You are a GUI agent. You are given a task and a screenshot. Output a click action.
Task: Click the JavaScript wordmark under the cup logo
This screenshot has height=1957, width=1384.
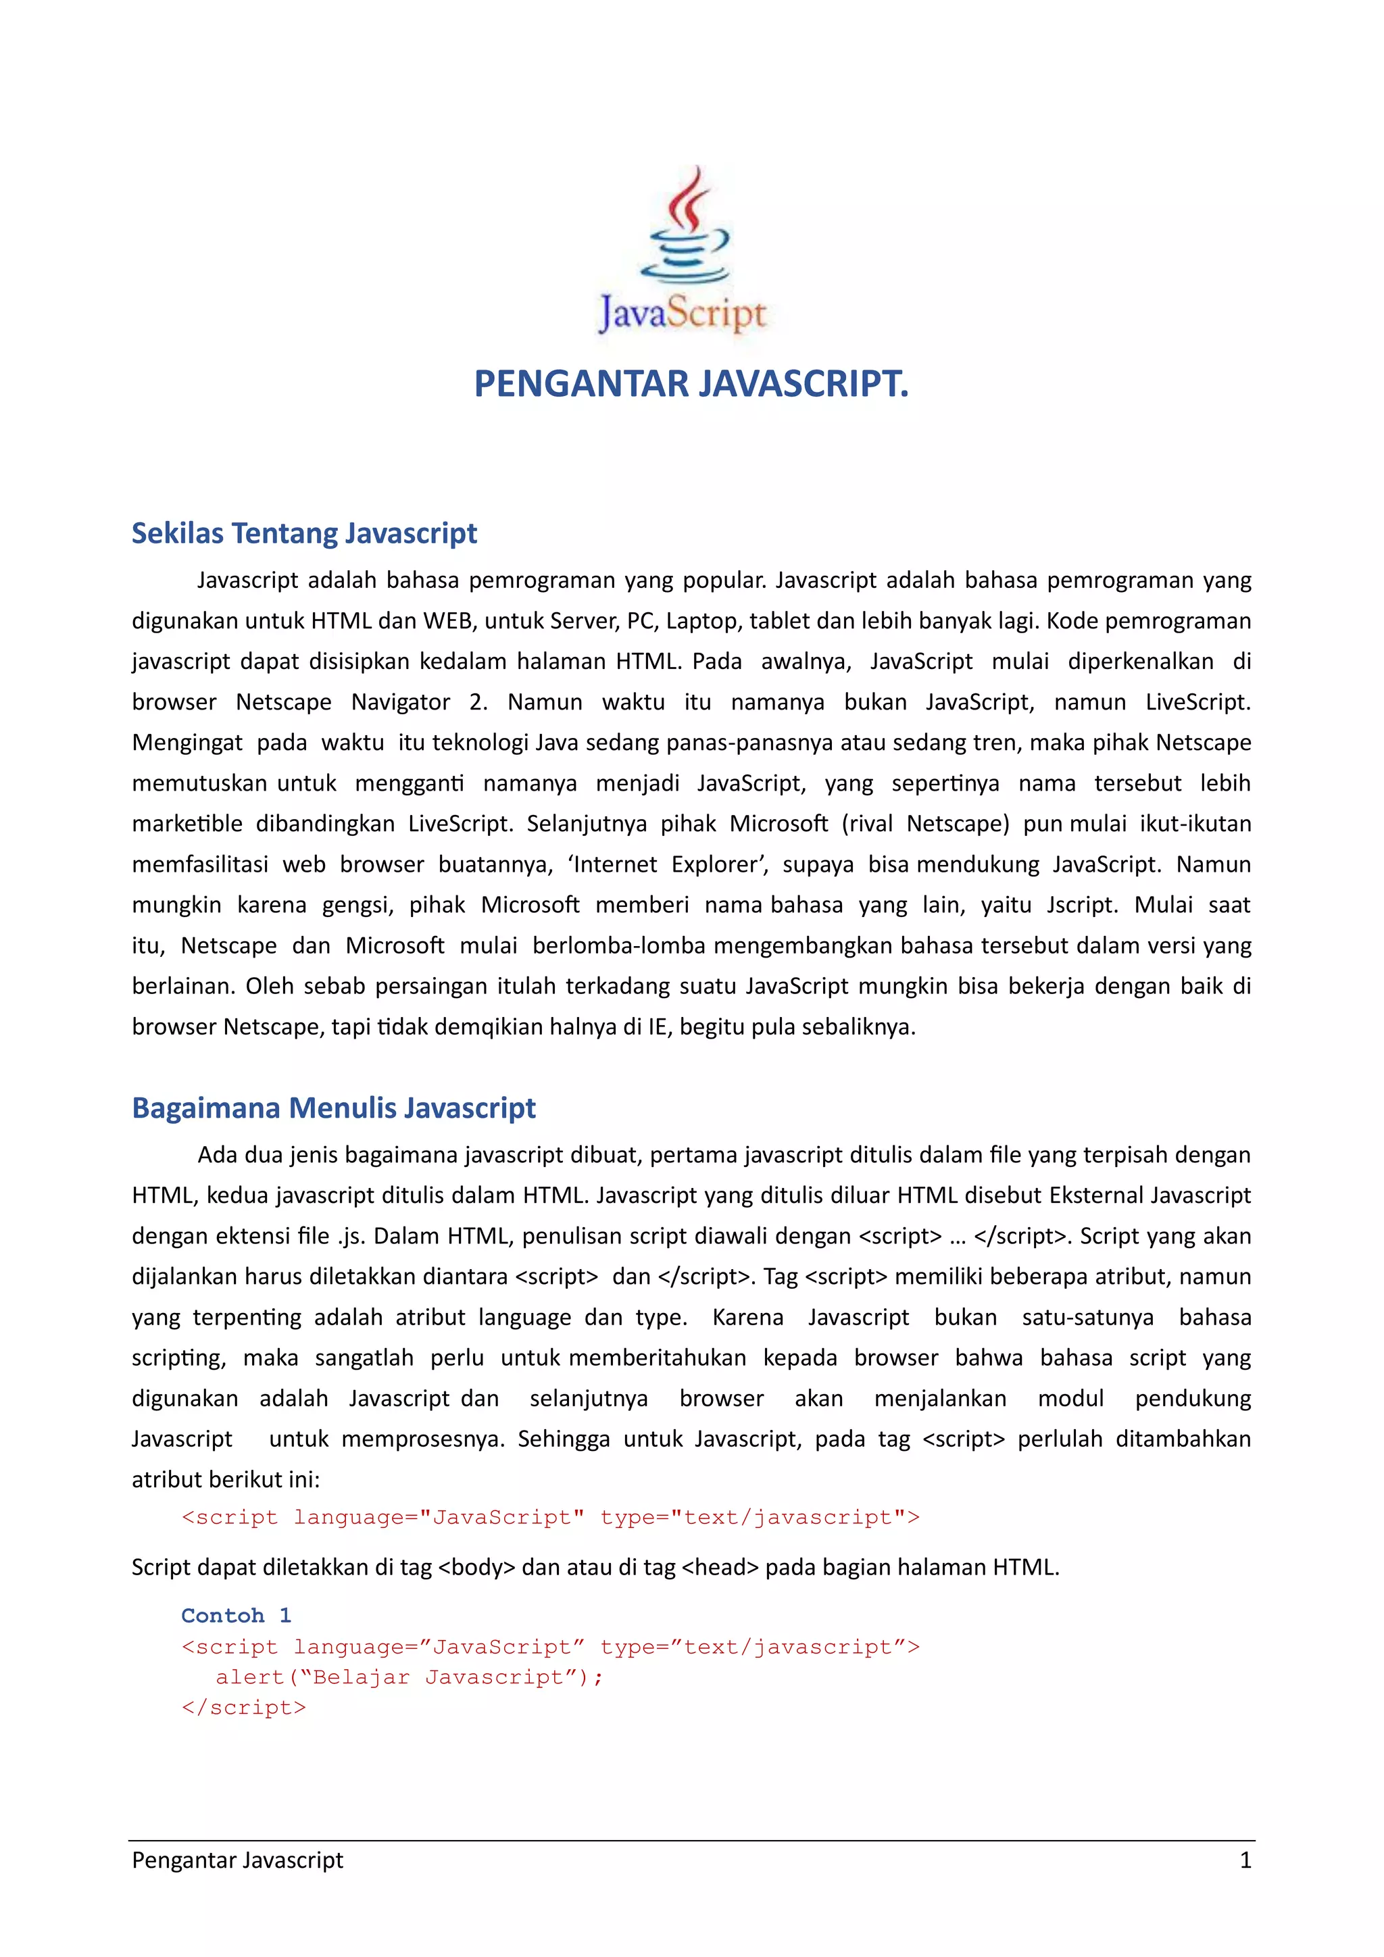click(683, 314)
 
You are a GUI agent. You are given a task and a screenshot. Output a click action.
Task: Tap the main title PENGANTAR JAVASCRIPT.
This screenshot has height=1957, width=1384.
click(691, 384)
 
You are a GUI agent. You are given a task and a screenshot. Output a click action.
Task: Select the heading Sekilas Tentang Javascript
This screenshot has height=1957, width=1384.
click(304, 534)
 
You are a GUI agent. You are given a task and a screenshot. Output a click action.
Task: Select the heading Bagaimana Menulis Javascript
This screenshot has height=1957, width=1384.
click(333, 1108)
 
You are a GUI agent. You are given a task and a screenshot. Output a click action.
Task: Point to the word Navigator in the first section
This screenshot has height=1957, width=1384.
click(401, 702)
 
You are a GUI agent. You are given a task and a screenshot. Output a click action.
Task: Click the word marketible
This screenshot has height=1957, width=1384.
click(187, 824)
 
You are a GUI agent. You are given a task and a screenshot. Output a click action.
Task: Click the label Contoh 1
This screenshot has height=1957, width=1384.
click(236, 1616)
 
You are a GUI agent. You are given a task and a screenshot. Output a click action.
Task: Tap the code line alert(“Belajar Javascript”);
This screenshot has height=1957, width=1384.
click(409, 1677)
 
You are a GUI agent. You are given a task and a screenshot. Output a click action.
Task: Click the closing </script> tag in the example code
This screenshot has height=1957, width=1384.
click(244, 1708)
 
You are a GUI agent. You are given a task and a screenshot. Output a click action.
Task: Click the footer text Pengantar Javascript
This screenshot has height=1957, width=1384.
click(237, 1860)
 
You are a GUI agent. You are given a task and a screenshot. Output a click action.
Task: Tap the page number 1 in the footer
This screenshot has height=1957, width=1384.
click(1245, 1860)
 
